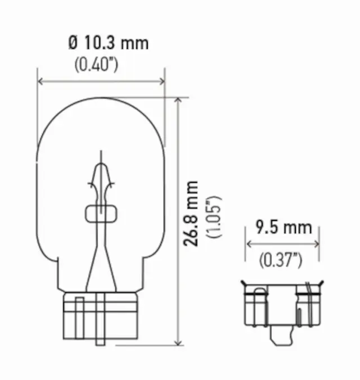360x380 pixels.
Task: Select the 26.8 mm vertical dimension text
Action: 192,214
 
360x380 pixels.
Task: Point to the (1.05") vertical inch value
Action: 213,216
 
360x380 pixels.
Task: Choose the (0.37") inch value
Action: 281,260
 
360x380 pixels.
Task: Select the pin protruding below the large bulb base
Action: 100,337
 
